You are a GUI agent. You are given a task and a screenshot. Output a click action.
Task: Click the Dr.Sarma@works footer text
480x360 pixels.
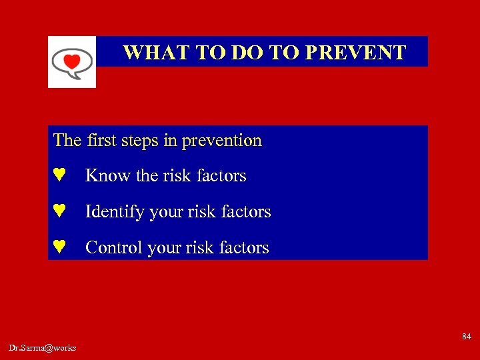click(43, 348)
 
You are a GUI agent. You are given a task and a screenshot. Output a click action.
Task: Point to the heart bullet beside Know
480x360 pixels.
click(59, 175)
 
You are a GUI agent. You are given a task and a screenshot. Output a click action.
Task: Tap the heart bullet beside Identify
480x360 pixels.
click(59, 211)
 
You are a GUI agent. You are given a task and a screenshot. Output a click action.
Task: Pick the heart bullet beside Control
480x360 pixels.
click(59, 247)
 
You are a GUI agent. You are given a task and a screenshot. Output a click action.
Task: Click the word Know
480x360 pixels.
click(108, 176)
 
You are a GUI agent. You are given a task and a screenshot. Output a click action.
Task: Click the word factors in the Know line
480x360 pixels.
click(219, 176)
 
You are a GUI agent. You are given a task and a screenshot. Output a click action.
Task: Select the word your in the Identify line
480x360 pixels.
click(167, 213)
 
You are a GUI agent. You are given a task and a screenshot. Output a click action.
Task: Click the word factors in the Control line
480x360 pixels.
click(244, 248)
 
